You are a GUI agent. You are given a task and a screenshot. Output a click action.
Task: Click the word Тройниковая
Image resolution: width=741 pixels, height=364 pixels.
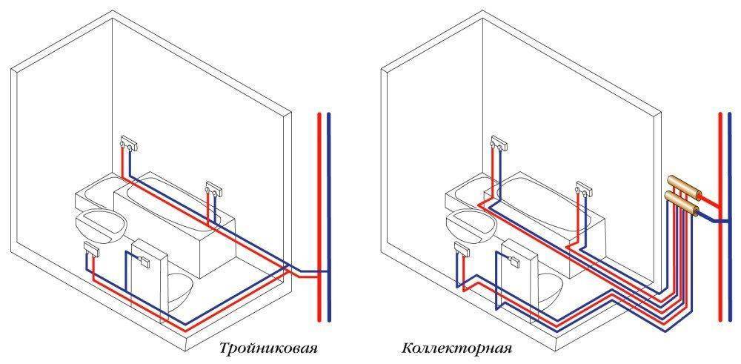point(268,349)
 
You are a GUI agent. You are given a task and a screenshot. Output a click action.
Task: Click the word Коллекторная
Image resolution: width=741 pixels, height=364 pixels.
point(457,349)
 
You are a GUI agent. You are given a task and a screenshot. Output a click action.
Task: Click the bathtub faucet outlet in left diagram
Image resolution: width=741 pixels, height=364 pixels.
point(213,188)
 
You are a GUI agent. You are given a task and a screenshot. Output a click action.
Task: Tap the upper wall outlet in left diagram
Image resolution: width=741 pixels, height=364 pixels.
point(128,144)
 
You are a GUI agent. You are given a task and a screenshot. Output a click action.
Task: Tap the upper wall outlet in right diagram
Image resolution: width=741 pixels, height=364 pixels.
point(499,144)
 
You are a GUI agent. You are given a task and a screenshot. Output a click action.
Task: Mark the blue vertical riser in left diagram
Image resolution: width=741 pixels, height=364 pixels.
point(329,217)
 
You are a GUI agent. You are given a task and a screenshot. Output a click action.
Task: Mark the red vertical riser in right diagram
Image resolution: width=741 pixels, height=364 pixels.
point(720,217)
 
